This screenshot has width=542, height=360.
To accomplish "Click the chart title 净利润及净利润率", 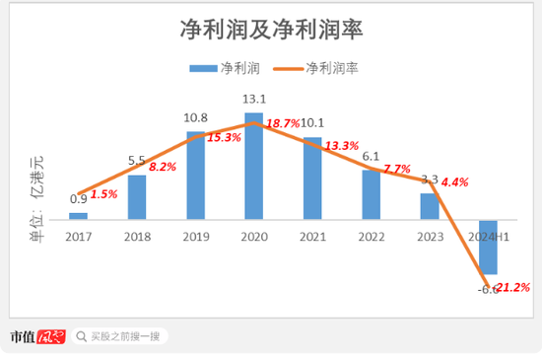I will [272, 31].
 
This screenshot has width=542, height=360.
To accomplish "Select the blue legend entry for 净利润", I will [224, 68].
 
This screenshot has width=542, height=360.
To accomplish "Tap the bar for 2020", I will [254, 166].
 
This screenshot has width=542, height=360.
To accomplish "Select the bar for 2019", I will [196, 175].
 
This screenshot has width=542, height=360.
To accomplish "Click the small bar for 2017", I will [79, 215].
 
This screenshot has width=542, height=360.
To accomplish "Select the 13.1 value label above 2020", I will [254, 100].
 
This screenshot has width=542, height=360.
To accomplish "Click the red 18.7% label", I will [283, 123].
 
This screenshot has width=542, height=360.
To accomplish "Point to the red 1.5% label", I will [103, 194].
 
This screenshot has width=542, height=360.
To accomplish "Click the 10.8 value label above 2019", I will [196, 118].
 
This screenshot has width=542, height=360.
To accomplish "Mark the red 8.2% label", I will [162, 168].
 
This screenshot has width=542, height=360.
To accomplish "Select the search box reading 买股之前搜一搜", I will [118, 335].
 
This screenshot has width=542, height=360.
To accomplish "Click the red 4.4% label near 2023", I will [455, 182].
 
